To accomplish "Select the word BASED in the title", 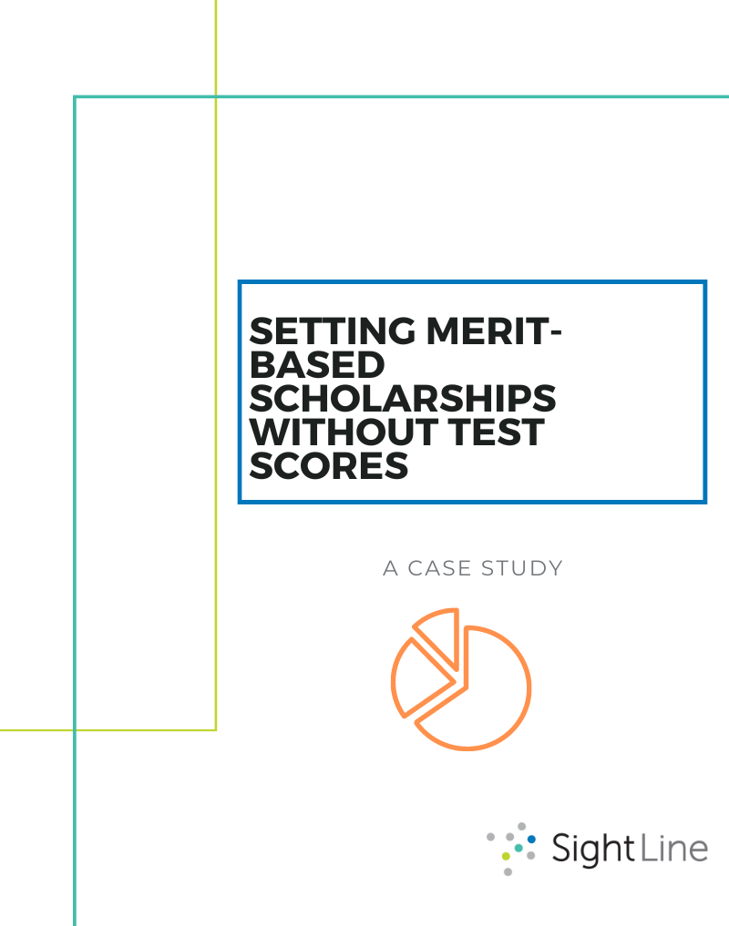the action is (x=316, y=364).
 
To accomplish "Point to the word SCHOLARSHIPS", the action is (x=402, y=398).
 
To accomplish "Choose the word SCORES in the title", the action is (x=328, y=465).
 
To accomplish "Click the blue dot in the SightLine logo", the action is (x=532, y=839).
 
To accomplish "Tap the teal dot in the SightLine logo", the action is (x=519, y=848).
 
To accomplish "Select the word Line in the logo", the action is (x=675, y=850).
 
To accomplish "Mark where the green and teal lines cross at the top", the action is (x=216, y=97).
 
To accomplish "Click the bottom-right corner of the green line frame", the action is (x=216, y=729).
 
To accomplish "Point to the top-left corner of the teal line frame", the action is (x=75, y=97).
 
